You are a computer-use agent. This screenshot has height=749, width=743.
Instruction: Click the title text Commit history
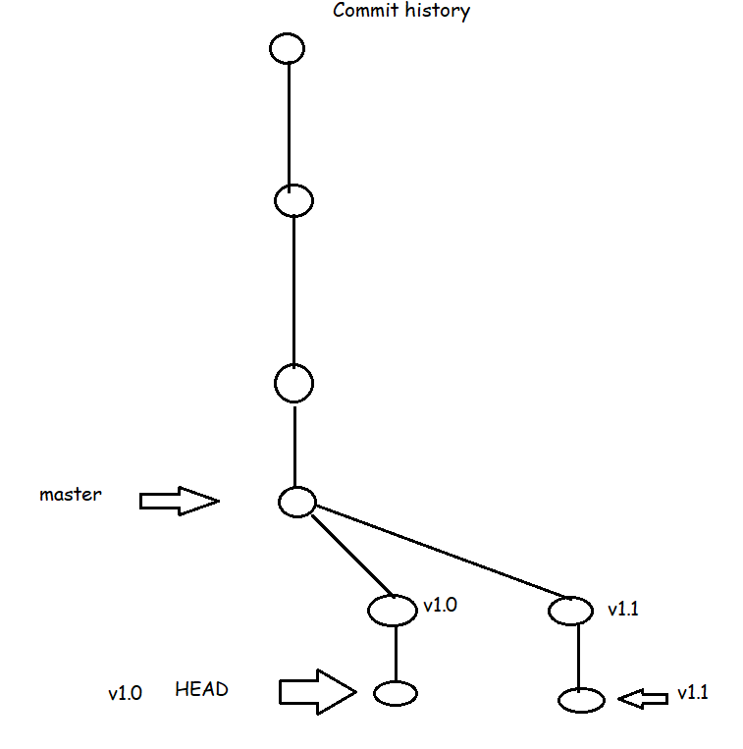pyautogui.click(x=401, y=12)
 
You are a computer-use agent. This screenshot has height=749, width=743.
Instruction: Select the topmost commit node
pyautogui.click(x=288, y=48)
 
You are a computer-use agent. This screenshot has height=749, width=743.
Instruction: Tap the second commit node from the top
pyautogui.click(x=293, y=201)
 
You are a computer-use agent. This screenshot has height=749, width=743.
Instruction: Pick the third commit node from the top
pyautogui.click(x=293, y=383)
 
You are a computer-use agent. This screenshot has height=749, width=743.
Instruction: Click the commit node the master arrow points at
pyautogui.click(x=295, y=502)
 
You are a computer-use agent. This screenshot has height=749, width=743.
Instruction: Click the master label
pyautogui.click(x=70, y=494)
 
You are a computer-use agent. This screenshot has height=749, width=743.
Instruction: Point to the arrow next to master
pyautogui.click(x=179, y=502)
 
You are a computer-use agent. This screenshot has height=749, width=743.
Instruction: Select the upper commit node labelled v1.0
pyautogui.click(x=393, y=610)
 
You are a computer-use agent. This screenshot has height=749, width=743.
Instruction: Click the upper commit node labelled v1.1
pyautogui.click(x=570, y=611)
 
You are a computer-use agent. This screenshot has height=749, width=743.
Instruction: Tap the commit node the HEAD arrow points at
pyautogui.click(x=396, y=694)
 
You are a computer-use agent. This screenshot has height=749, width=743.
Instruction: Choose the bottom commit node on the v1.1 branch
pyautogui.click(x=580, y=700)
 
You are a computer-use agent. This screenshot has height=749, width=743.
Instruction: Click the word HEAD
pyautogui.click(x=201, y=689)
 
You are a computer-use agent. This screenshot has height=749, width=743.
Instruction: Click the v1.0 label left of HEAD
pyautogui.click(x=125, y=693)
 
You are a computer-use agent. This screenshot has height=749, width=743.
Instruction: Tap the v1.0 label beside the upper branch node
pyautogui.click(x=439, y=605)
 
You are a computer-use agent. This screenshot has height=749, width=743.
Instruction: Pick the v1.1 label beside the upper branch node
pyautogui.click(x=623, y=609)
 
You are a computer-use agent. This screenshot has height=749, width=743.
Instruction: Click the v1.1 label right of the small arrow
pyautogui.click(x=692, y=693)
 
